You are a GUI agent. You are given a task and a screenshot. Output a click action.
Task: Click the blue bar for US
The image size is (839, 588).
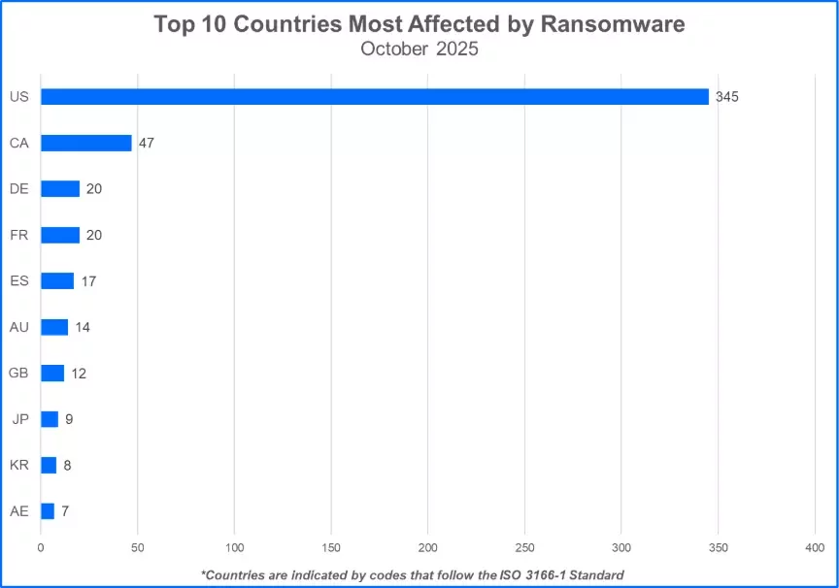point(375,97)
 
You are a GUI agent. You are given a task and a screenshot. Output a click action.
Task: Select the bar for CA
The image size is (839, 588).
point(86,143)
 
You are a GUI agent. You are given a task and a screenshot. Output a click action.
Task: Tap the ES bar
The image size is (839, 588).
point(57,281)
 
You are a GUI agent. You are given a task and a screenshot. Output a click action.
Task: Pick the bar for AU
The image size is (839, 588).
point(54,327)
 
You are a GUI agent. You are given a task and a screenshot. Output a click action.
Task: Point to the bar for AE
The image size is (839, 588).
point(48,511)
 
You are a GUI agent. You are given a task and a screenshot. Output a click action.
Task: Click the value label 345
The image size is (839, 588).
point(726,97)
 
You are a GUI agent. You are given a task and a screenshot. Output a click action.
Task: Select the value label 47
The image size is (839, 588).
point(147,143)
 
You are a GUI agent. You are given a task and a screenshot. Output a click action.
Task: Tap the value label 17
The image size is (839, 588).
point(89,281)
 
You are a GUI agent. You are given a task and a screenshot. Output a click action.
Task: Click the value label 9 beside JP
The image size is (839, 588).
point(70,419)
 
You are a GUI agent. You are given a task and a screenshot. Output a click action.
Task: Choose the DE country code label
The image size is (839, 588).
point(18,188)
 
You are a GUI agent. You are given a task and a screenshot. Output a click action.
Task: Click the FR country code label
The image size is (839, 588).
point(18,235)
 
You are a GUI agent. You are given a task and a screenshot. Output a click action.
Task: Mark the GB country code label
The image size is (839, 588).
point(18,373)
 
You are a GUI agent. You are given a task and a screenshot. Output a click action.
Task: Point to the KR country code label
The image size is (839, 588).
point(18,465)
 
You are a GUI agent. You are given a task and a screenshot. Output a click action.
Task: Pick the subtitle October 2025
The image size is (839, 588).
point(419,49)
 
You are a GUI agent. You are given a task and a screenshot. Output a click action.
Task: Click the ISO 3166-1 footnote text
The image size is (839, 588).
point(412,574)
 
